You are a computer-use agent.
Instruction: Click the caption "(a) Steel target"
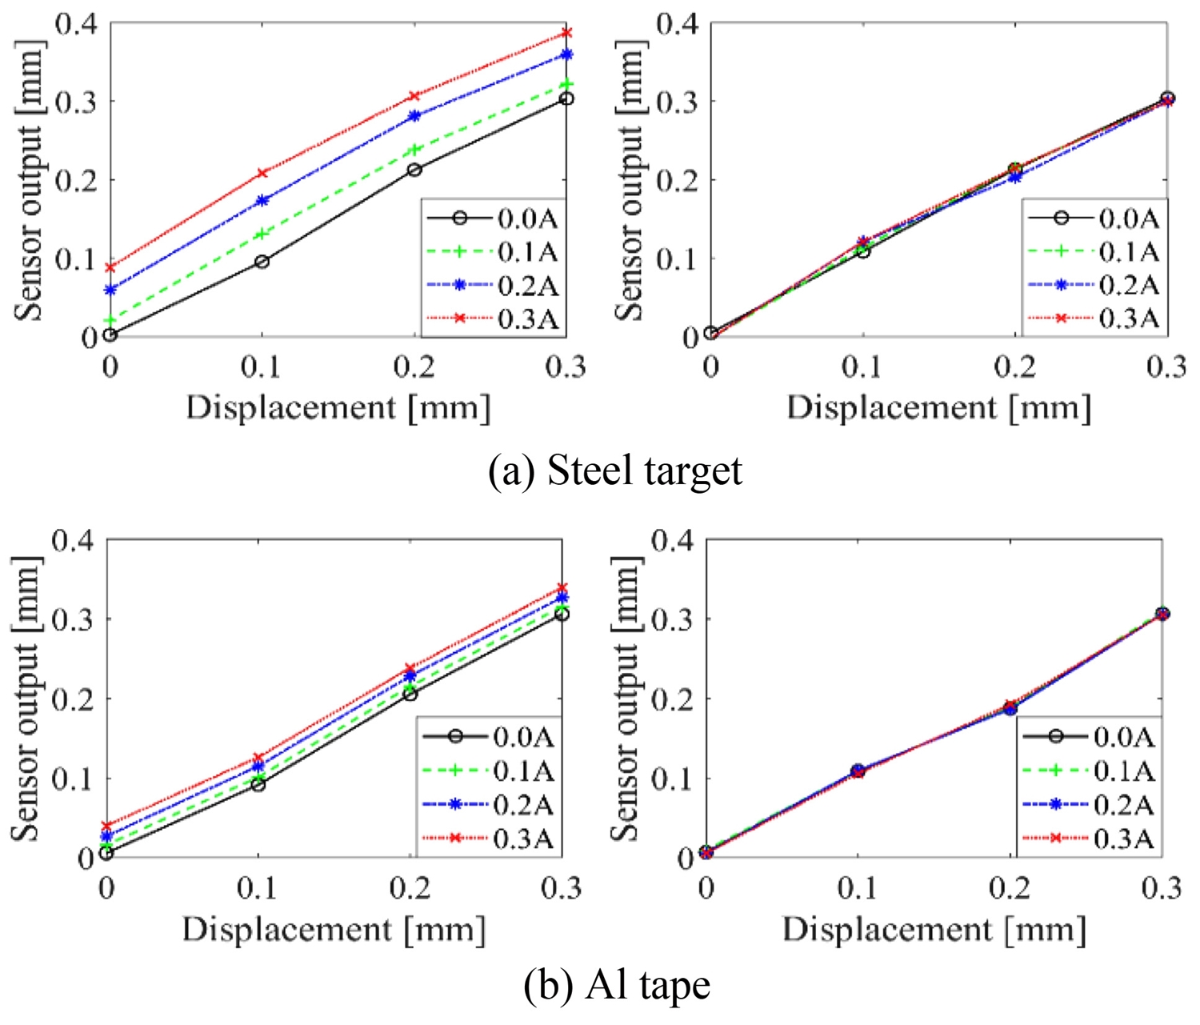tap(614, 470)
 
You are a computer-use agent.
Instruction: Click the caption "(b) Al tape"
tap(616, 985)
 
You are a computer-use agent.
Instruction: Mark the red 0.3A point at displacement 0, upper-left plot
tap(110, 267)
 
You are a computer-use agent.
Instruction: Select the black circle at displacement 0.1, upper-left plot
tap(262, 262)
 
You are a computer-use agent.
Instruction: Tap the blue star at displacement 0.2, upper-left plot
tap(414, 116)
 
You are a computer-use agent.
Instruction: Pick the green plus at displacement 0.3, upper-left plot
tap(566, 84)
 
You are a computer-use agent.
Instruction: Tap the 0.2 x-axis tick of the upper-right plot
tap(1015, 367)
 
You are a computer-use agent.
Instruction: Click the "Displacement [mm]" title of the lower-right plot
tap(934, 930)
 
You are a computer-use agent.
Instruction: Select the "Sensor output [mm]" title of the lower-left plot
tap(25, 699)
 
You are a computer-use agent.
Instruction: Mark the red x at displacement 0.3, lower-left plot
tap(562, 588)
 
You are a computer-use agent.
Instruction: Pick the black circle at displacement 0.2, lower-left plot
tap(410, 695)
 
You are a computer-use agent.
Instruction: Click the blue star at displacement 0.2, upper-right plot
tap(1015, 177)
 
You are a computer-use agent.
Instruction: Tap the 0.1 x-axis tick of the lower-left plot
tap(258, 888)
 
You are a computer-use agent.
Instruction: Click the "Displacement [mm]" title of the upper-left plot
tap(338, 408)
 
